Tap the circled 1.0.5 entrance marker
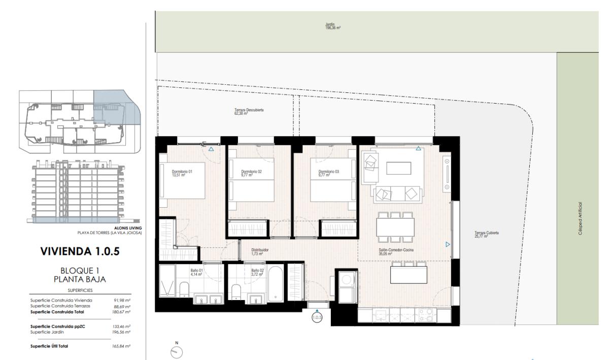click(317, 318)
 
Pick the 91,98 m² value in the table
click(123, 300)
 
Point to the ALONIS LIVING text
click(130, 228)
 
